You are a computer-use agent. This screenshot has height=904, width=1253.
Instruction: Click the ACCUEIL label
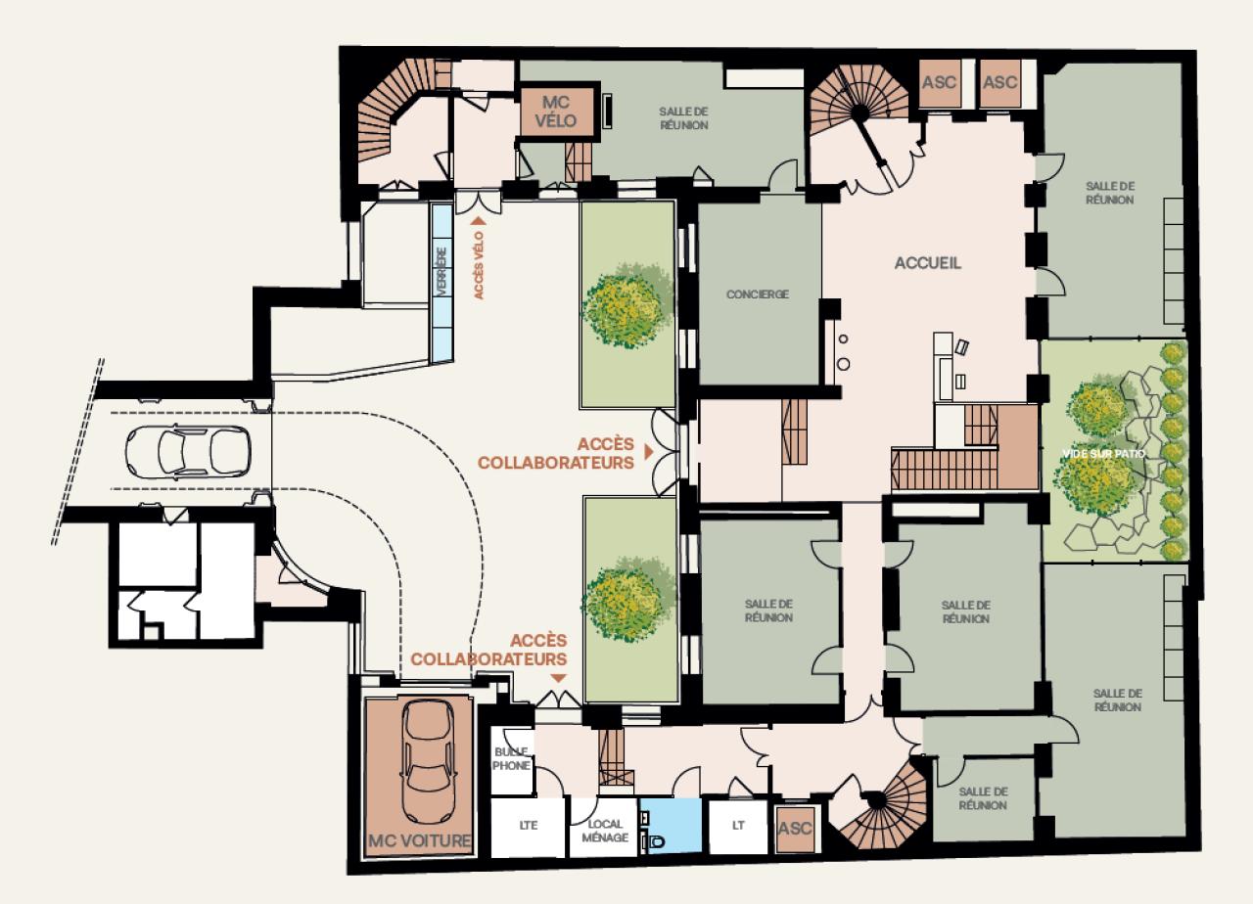(x=928, y=263)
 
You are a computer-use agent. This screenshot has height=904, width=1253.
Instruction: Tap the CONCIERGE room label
(x=757, y=294)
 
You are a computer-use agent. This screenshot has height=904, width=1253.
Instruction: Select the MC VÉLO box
(x=559, y=110)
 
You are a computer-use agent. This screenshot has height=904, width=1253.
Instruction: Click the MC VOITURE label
(x=419, y=840)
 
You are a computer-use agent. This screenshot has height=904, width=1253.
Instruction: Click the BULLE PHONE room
(x=511, y=759)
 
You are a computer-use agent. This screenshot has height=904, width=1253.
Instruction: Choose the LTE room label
(x=528, y=826)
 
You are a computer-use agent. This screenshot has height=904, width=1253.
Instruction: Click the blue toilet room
(x=670, y=826)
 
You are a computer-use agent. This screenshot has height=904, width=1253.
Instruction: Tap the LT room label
(x=738, y=826)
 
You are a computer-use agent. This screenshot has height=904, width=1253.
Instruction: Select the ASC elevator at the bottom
(x=795, y=829)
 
